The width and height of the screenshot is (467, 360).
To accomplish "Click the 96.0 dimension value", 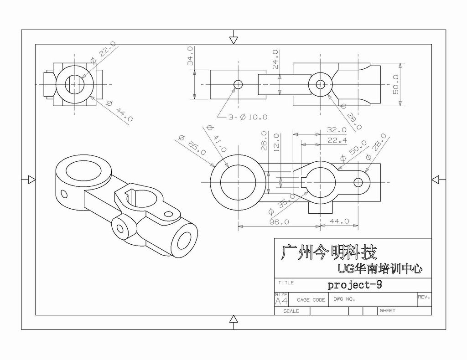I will point(279,222).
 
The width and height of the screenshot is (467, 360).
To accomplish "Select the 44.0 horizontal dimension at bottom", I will point(339,221).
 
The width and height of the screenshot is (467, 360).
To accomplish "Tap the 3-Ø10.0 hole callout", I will point(248,117).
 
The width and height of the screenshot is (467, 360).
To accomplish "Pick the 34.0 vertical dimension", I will point(190,56).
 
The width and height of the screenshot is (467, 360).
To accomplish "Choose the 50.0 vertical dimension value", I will point(396,84).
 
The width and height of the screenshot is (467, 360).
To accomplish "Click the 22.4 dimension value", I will point(337,140).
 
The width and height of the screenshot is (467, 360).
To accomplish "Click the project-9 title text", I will point(354,285).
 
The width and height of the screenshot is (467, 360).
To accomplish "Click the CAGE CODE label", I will point(311,300).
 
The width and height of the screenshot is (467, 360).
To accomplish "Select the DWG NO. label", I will point(344,299).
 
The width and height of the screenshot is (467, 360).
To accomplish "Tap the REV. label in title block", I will point(424,297).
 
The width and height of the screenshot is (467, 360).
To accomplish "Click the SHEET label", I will point(387,311).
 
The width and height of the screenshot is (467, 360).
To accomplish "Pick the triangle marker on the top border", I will point(233,40).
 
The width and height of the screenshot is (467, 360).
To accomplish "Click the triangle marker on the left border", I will point(31,180).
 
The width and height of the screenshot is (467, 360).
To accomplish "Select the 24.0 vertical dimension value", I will point(275,59).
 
